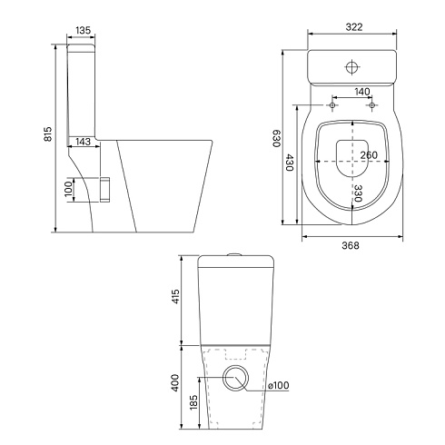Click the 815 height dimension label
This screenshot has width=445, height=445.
tap(48, 133)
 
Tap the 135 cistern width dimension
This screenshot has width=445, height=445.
tap(83, 30)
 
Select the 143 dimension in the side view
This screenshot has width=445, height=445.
tap(83, 142)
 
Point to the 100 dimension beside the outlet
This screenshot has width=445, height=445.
tap(69, 189)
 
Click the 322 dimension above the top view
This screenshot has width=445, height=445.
tap(354, 27)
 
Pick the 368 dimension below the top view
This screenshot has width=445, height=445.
tap(351, 245)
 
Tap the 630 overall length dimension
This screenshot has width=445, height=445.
tap(277, 139)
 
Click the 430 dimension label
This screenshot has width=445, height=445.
tap(290, 163)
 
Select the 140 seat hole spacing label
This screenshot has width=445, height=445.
tap(361, 91)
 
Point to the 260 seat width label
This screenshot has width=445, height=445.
tap(369, 155)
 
